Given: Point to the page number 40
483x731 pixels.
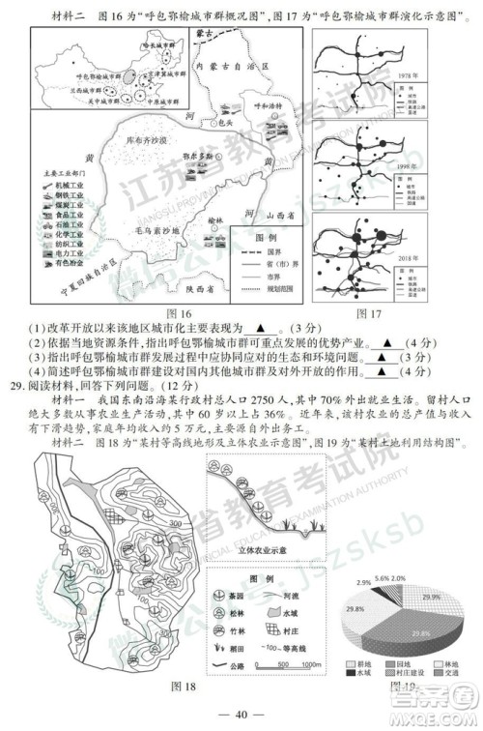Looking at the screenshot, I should (241, 715).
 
